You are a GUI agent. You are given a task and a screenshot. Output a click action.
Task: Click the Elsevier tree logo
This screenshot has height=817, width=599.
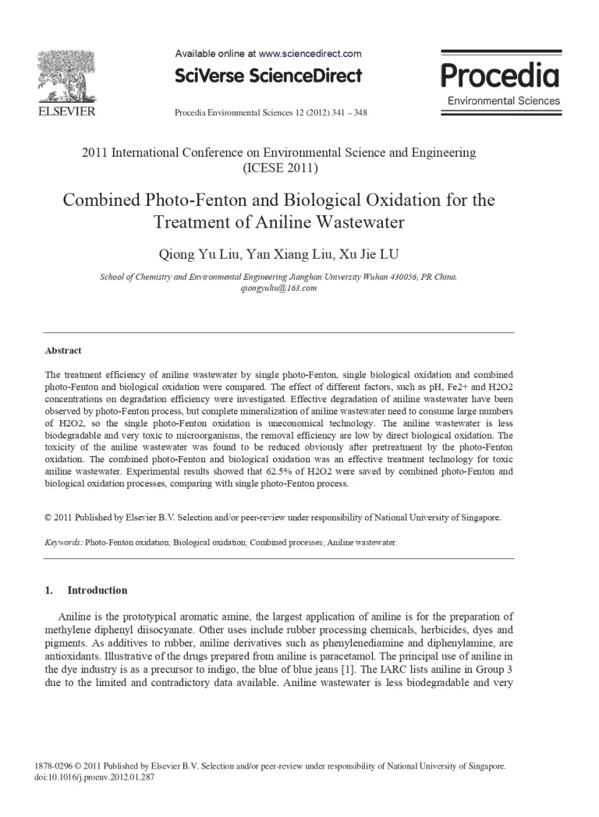[66, 76]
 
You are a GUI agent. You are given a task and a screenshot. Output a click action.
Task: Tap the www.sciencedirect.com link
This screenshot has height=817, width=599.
[310, 54]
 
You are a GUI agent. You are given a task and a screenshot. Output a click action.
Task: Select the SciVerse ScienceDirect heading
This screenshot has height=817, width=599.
[268, 76]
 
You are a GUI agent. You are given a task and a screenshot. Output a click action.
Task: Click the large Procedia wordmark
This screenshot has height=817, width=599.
[500, 76]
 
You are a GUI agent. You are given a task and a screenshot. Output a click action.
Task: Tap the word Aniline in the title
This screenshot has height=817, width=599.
[283, 222]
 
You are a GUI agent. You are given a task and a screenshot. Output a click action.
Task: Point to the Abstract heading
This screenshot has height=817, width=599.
[63, 351]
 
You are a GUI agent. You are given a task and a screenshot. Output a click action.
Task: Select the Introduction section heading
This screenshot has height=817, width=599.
[97, 590]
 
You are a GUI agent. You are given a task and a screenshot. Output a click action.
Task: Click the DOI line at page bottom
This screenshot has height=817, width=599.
[95, 777]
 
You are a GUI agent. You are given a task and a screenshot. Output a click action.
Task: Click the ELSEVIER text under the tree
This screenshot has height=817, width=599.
[67, 111]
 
